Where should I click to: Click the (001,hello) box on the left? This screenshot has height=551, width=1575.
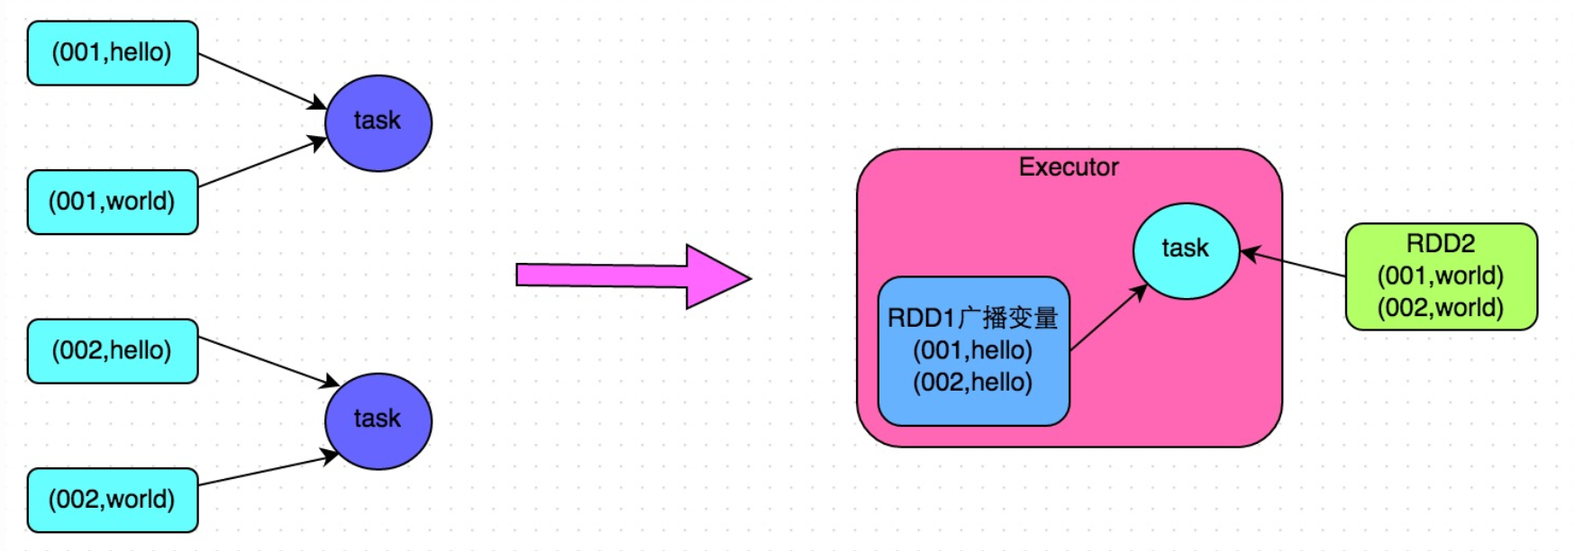113,53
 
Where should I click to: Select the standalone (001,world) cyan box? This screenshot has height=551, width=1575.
113,202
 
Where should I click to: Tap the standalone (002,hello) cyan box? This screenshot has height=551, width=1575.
113,351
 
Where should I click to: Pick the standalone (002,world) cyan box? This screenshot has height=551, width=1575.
113,500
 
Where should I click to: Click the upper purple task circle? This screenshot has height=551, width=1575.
378,122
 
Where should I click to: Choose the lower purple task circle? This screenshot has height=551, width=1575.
378,420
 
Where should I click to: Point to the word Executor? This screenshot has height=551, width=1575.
1069,167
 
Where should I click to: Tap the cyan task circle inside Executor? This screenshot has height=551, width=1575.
1185,250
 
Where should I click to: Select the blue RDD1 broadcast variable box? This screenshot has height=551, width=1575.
973,351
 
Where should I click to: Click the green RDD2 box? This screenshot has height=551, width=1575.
1441,276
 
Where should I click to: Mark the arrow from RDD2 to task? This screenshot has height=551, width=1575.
1293,263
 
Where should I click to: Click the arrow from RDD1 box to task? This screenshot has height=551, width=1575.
1108,317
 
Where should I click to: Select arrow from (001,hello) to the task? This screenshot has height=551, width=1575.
261,81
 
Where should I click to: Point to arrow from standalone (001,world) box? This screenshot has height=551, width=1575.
261,163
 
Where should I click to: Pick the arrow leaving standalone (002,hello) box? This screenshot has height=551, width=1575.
266,361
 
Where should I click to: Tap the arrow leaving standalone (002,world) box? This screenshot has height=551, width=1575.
266,471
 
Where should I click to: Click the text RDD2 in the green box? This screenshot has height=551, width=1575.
1440,243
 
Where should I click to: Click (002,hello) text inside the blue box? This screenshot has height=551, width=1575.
972,383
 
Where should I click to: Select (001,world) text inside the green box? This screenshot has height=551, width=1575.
1440,275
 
